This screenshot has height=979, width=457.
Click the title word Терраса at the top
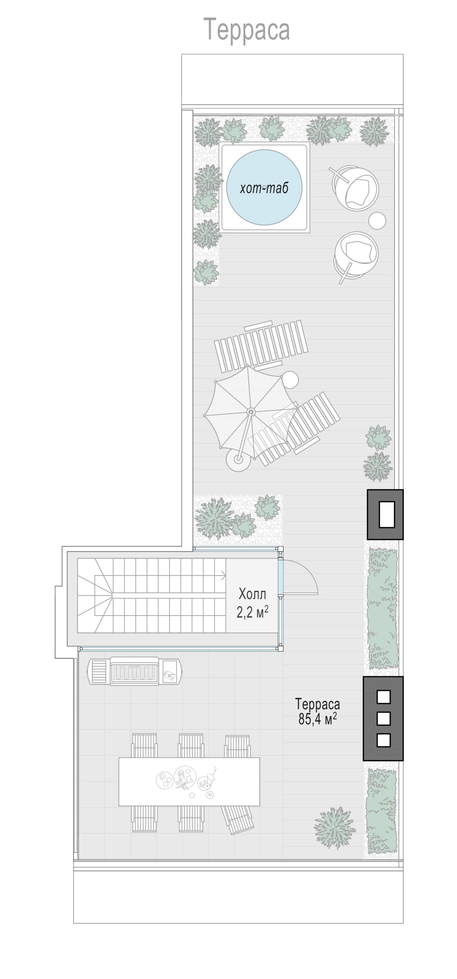tap(247, 29)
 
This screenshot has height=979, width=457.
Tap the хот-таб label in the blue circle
tap(264, 188)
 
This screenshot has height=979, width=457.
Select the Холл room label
tap(252, 594)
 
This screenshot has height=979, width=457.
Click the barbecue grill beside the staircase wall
tap(135, 671)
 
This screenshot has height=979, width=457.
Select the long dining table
tap(189, 781)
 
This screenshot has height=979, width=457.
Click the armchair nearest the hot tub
tap(355, 188)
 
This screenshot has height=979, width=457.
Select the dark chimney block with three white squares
tap(383, 719)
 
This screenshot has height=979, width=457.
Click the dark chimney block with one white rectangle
tap(385, 515)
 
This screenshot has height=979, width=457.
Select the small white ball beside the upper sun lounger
tap(290, 379)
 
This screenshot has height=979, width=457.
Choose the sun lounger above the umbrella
tap(261, 346)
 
